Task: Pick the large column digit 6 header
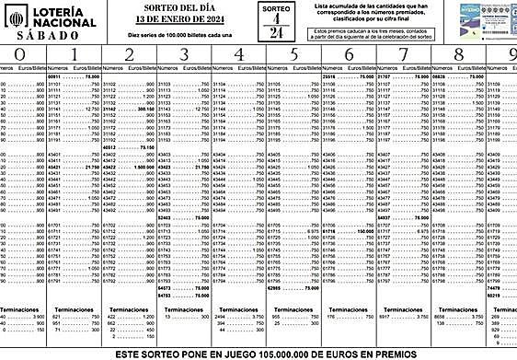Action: tap(348, 56)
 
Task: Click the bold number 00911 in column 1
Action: tap(59, 77)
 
